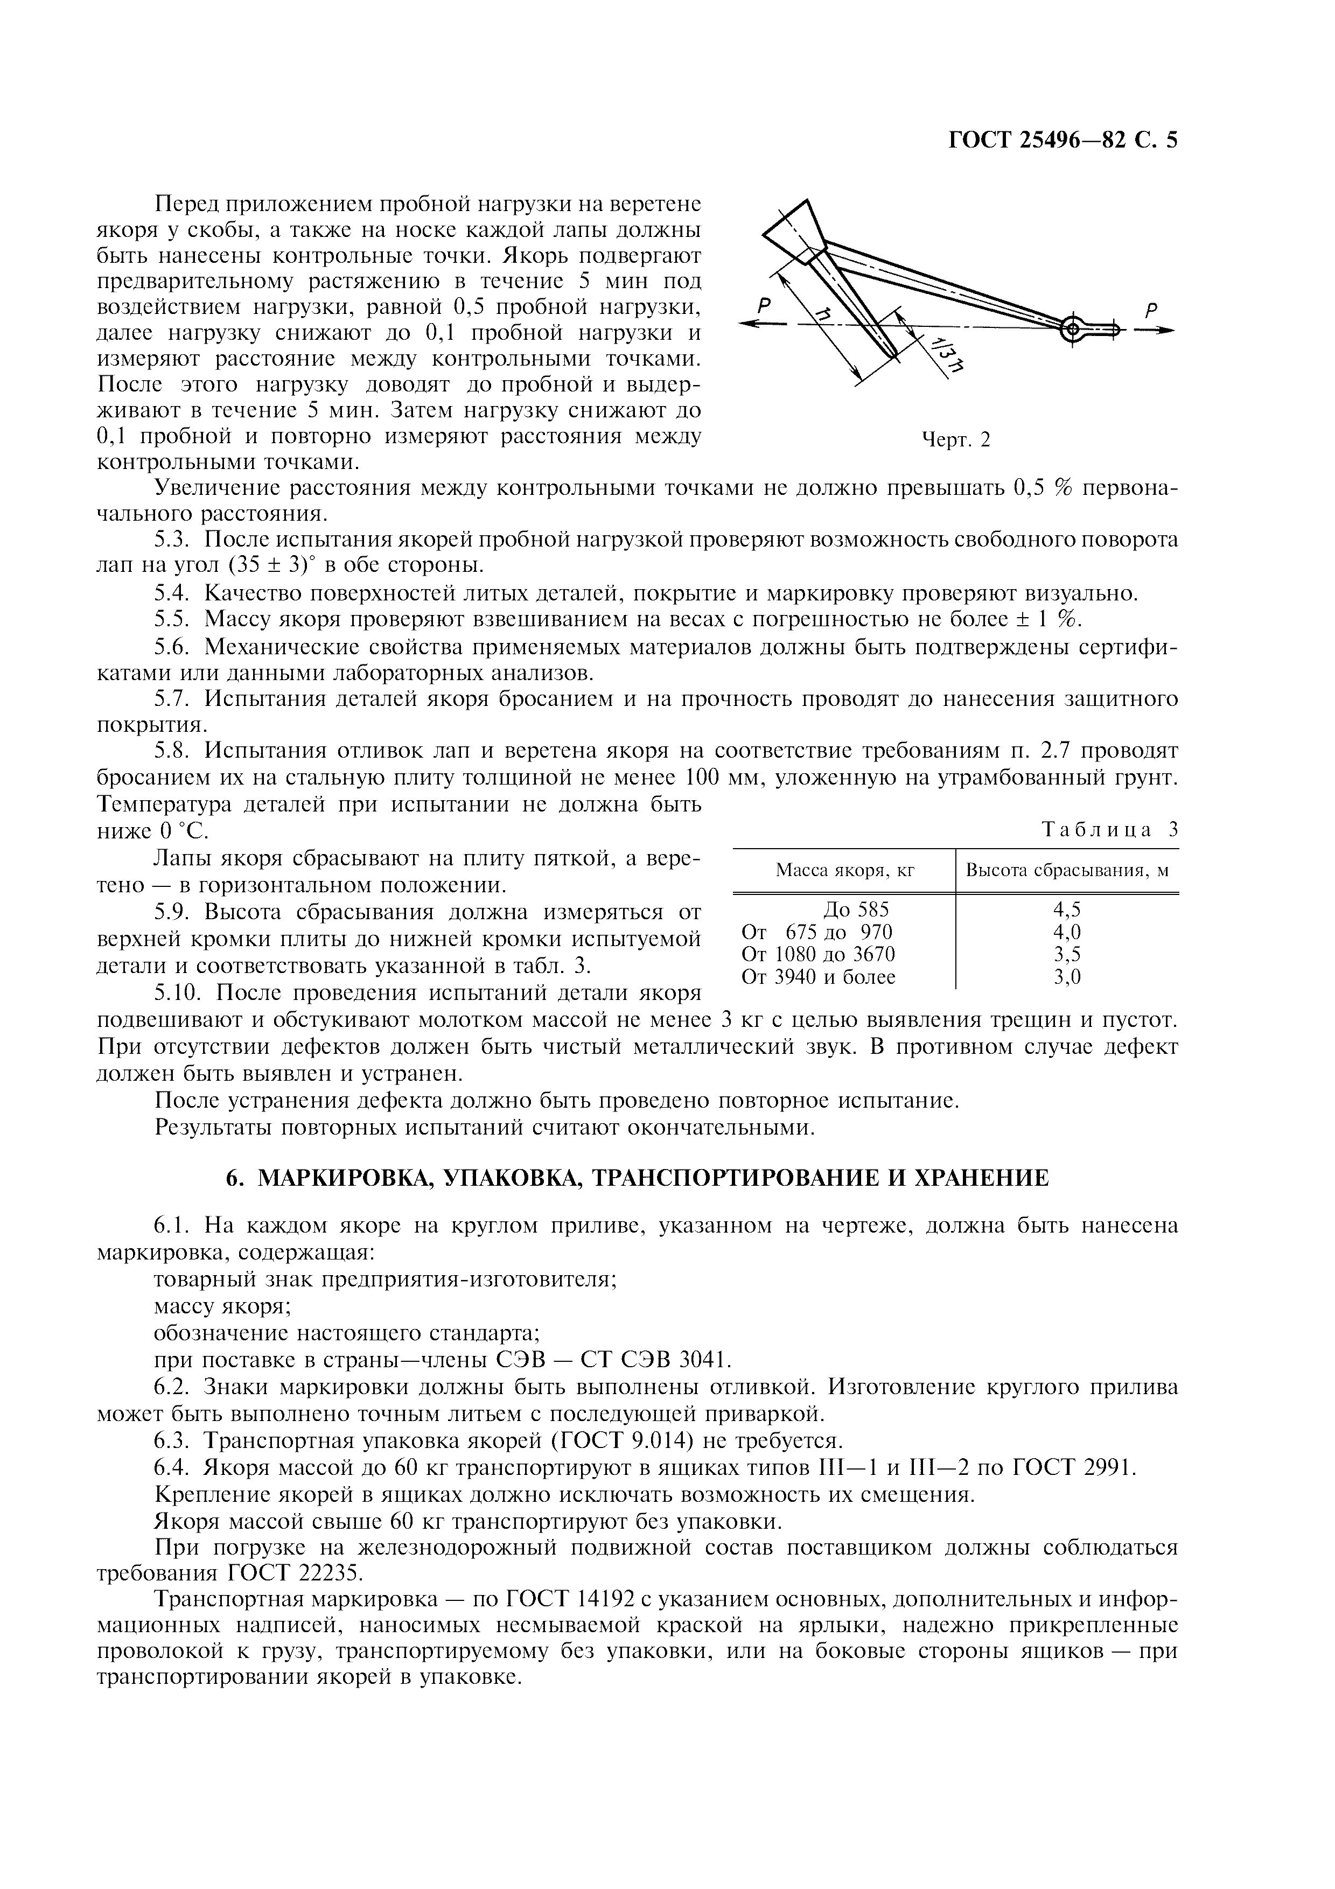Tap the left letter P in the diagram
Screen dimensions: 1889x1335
point(764,305)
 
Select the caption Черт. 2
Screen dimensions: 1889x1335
point(956,440)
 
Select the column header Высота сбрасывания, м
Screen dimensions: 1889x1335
point(1067,870)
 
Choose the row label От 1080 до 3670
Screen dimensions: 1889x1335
point(819,954)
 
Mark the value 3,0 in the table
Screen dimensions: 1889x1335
point(1067,977)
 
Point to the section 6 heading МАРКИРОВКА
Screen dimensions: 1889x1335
point(638,1178)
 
